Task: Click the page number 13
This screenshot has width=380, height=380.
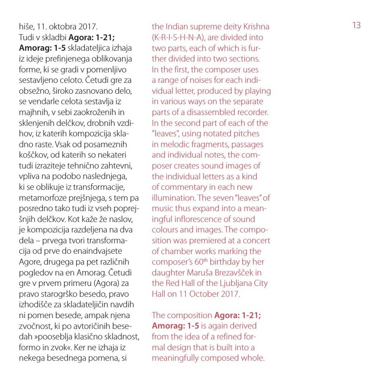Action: click(356, 26)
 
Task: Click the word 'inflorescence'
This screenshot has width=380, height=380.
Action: click(201, 219)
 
